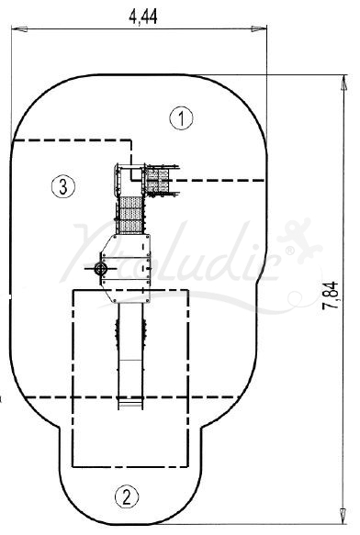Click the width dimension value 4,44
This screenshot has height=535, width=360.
[143, 17]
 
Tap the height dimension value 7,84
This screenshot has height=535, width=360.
[331, 295]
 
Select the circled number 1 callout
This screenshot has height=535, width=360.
[181, 118]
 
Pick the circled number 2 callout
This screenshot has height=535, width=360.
[127, 496]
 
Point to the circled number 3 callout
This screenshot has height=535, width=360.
[63, 186]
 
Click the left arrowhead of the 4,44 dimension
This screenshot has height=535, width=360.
[19, 29]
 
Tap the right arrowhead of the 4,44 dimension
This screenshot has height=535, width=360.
[259, 29]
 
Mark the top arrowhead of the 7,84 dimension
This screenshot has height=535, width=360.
[344, 83]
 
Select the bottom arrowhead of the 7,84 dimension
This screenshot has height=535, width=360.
[343, 516]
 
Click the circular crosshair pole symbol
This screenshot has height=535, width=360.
[100, 269]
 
